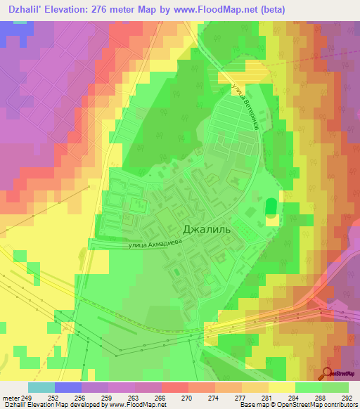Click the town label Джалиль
pos(206,229)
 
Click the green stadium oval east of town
pos(271,208)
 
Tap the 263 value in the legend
pos(136,398)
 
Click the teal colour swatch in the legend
pos(41,387)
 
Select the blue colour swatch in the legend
pos(68,387)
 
